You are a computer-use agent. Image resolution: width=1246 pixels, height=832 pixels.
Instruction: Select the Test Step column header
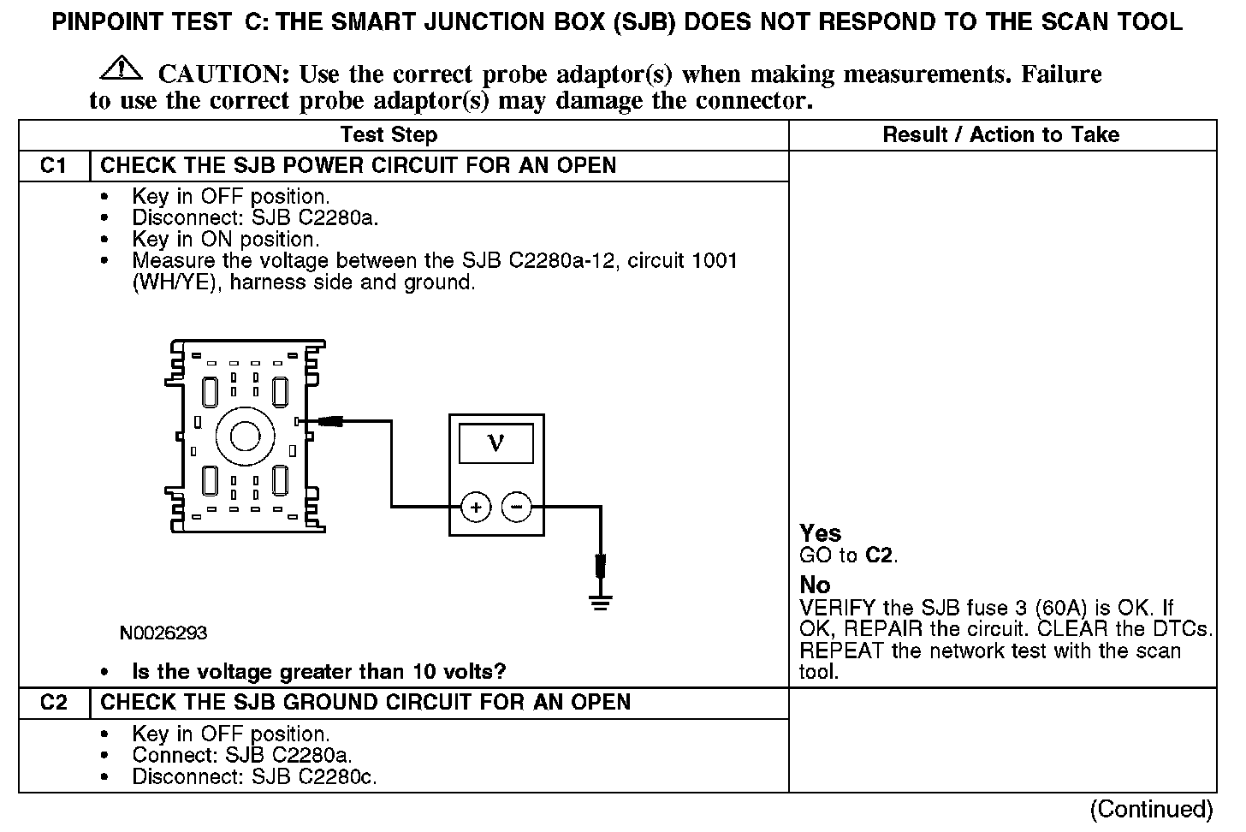coord(389,134)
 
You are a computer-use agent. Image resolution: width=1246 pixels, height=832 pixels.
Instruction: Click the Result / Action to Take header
coord(1000,134)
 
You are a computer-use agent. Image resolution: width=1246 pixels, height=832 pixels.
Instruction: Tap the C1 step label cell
coord(53,165)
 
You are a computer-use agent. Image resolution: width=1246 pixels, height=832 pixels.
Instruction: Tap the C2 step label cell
coord(53,703)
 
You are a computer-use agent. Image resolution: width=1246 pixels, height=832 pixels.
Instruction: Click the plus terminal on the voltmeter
coord(476,508)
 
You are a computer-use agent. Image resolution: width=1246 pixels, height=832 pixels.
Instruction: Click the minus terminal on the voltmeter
coord(515,508)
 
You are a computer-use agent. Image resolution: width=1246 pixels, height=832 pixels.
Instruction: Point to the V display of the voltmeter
coord(495,443)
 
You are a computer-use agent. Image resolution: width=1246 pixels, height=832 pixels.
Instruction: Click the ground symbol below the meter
coord(601,603)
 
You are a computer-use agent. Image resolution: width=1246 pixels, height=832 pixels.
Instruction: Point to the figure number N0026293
coord(163,633)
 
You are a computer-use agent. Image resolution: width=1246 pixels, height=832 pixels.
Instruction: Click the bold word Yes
coord(820,533)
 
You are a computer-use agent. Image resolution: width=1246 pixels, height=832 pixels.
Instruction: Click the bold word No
coord(815,585)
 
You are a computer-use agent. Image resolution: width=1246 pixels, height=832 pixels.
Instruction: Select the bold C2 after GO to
coord(880,556)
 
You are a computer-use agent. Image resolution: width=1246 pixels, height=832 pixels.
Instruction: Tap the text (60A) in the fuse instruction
coord(1061,609)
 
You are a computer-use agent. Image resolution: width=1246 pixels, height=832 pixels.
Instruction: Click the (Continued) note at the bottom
coord(1151,809)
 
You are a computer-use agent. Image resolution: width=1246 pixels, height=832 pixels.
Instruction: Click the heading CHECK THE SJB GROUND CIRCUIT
coord(365,703)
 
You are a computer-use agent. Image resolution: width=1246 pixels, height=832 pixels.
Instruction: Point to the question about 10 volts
coord(318,672)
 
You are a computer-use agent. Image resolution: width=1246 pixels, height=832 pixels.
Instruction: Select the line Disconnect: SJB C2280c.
coord(254,777)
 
